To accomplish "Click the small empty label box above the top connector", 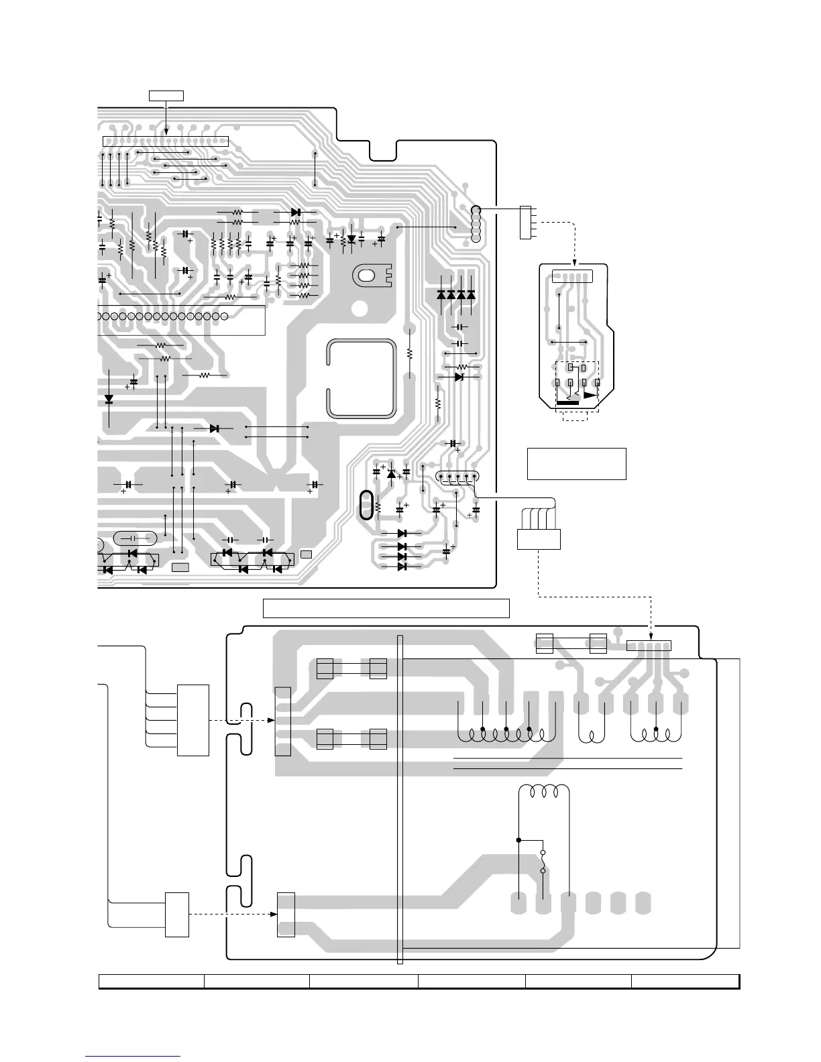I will coord(165,95).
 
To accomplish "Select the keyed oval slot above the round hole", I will coord(368,275).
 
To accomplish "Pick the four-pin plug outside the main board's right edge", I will coord(525,223).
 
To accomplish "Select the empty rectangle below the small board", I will coord(576,464).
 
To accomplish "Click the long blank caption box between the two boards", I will coord(386,608).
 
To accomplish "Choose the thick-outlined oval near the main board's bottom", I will coord(366,505).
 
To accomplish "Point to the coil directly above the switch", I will coord(545,790).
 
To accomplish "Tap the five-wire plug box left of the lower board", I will coord(193,720).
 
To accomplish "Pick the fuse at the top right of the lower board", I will coord(571,643).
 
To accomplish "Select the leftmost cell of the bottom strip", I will coord(152,982).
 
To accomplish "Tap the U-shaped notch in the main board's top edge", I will coord(383,150).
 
